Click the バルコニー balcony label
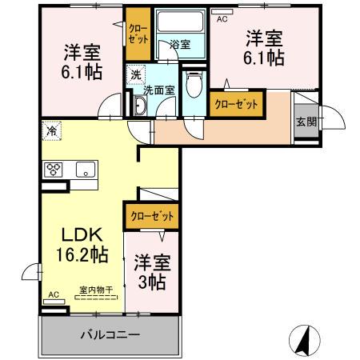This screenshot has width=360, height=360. (x=110, y=334)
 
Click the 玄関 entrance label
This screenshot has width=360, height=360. (x=305, y=122)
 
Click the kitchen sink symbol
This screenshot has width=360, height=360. (x=84, y=168)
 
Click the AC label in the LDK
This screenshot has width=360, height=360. (x=54, y=294)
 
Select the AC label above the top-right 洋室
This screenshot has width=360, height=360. (x=222, y=18)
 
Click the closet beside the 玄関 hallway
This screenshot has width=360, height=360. (x=236, y=105)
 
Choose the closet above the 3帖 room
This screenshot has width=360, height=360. (x=150, y=215)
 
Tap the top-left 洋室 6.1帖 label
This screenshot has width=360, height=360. (x=83, y=63)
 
